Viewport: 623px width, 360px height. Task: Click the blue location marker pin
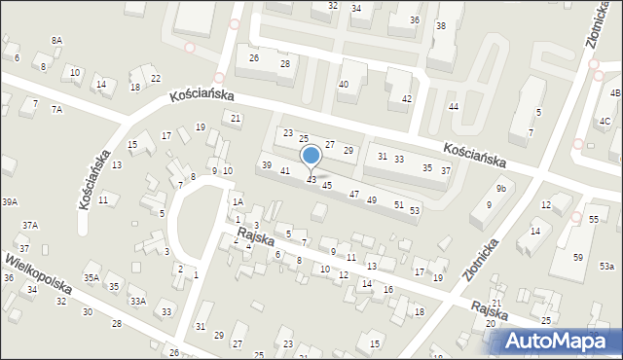tap(311, 156)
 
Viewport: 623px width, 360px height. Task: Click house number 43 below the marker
tap(311, 180)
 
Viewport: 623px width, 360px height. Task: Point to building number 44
tap(453, 106)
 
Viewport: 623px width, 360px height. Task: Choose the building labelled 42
tap(407, 98)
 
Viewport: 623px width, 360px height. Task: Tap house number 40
tap(343, 85)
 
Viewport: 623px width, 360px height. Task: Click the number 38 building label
tap(441, 26)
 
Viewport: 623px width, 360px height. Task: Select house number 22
tap(156, 78)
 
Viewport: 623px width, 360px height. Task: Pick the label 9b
tap(501, 188)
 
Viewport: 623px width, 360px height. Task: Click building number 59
tap(577, 257)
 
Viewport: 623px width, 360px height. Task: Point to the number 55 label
tap(593, 221)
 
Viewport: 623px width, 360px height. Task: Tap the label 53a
tap(606, 267)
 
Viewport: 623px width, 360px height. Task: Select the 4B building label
tap(615, 93)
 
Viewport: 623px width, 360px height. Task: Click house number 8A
tap(56, 40)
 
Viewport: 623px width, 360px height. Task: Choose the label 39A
tap(10, 201)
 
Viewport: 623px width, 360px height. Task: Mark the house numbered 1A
tap(237, 202)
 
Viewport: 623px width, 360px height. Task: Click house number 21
tap(236, 118)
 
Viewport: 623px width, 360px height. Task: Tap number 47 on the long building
tap(354, 195)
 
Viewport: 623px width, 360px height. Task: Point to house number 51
tap(399, 204)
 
